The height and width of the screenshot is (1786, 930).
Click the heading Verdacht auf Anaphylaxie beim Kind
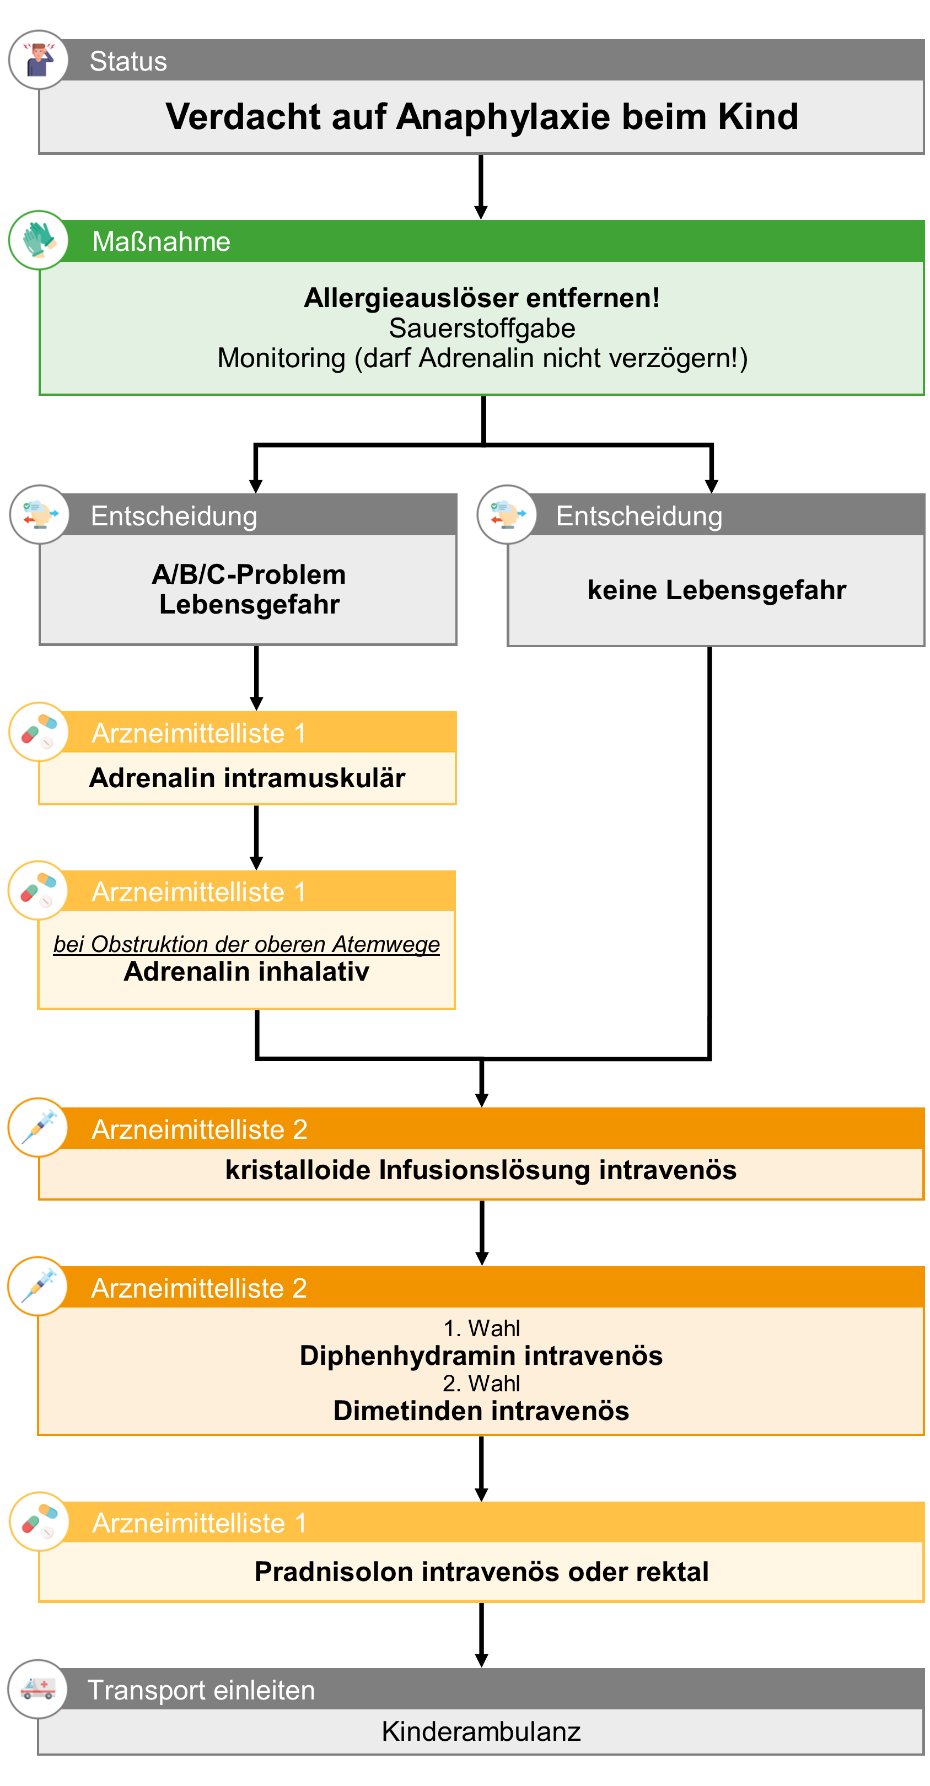click(x=481, y=116)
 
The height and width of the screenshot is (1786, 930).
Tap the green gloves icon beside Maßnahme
click(x=39, y=240)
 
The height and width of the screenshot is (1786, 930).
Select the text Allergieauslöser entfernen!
click(x=481, y=298)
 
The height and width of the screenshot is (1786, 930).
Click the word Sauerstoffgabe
click(x=481, y=328)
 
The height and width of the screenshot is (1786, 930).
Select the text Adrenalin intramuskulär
click(x=247, y=778)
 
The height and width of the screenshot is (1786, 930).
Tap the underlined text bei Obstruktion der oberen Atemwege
click(x=246, y=944)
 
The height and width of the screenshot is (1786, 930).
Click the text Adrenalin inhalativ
click(x=246, y=972)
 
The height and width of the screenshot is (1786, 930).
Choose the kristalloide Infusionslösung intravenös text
click(x=481, y=1170)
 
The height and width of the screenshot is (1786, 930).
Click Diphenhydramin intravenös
click(x=481, y=1355)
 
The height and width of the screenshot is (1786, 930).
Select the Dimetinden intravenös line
click(x=481, y=1411)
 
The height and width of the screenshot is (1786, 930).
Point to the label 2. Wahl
click(x=481, y=1383)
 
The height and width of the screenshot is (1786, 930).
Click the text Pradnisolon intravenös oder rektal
click(x=481, y=1572)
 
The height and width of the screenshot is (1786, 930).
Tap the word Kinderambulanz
click(x=481, y=1731)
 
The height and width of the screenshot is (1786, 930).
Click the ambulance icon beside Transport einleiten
click(x=38, y=1688)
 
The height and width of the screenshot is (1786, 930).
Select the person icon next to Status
click(x=39, y=60)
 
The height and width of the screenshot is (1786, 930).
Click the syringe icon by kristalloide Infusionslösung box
click(x=39, y=1127)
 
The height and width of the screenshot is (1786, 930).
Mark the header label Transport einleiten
click(x=201, y=1690)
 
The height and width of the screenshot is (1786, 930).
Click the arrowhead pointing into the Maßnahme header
click(x=481, y=212)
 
